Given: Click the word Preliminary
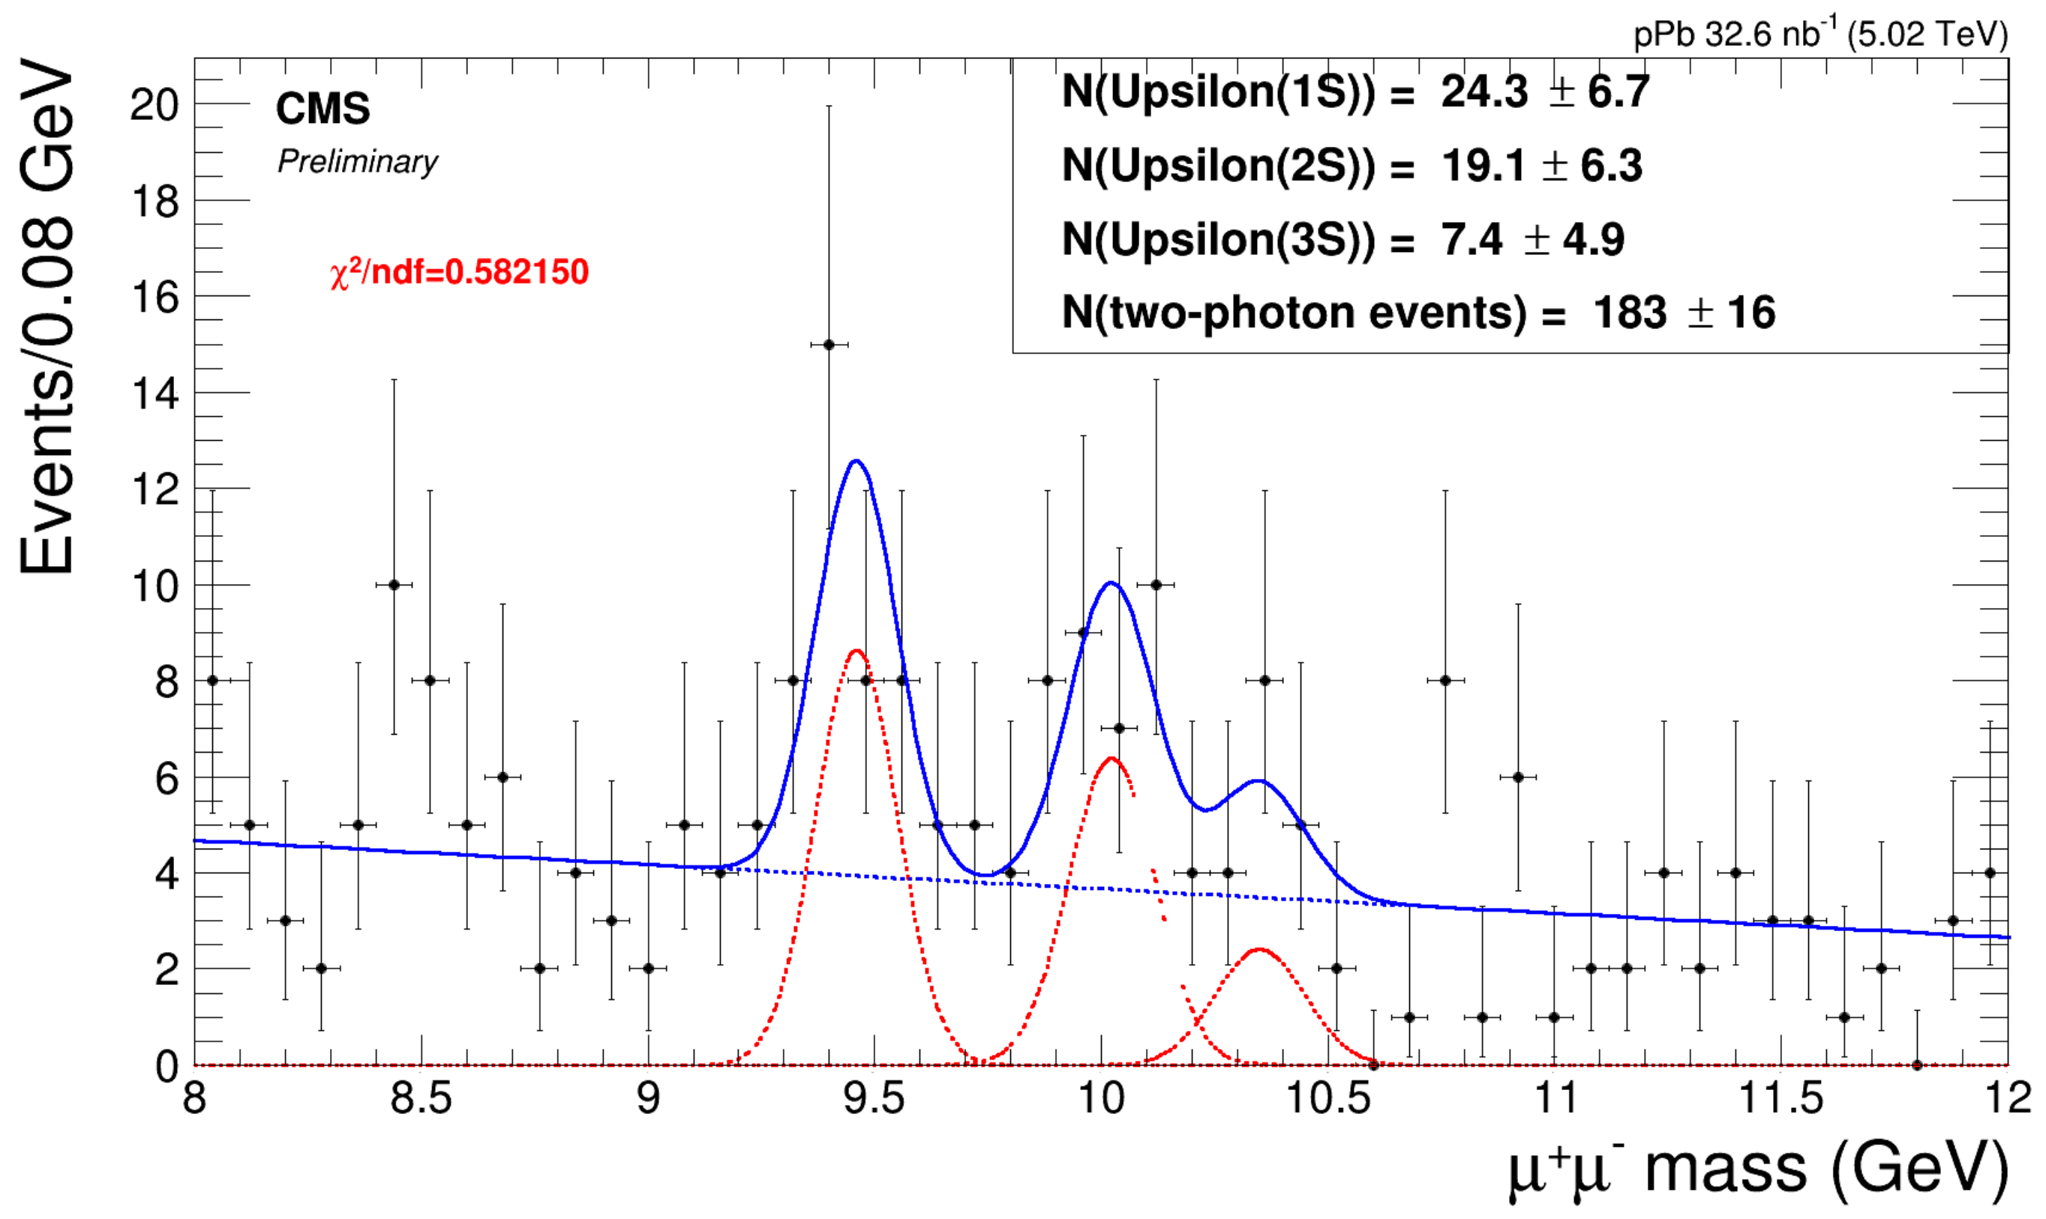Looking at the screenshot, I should coord(358,162).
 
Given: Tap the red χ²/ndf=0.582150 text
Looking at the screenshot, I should coord(459,273).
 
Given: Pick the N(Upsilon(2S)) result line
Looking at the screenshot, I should coord(1351,166).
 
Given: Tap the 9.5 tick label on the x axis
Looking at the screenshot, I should coord(874,1099).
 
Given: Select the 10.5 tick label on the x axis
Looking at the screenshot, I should coord(1327,1099).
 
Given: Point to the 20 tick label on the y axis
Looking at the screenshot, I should coord(154,105).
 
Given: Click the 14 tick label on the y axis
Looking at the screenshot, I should coord(154,394).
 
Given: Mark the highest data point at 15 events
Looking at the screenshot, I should coord(828,345).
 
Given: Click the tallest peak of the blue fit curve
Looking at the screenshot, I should coord(856,461).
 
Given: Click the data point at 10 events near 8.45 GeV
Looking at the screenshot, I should coord(394,585).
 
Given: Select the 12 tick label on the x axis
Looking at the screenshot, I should coord(2009,1099).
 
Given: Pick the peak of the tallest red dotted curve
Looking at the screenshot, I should coord(856,651).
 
